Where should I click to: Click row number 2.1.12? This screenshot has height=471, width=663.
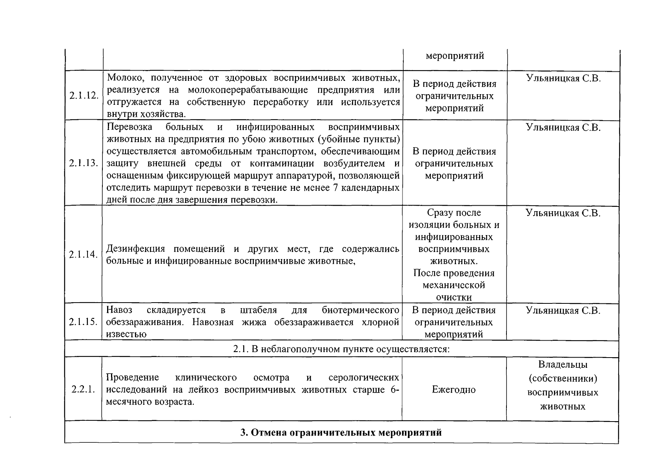[x=84, y=96]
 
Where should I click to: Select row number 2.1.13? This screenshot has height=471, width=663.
[x=84, y=163]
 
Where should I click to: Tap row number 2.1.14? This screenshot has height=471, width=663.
[x=83, y=254]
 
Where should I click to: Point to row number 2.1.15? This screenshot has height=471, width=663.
[x=83, y=322]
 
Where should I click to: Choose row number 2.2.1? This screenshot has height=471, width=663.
[x=83, y=390]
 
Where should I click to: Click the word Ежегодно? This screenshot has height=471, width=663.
[x=454, y=390]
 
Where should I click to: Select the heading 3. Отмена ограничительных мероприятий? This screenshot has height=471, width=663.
[x=341, y=433]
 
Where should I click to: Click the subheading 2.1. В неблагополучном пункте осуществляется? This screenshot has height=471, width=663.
[x=341, y=349]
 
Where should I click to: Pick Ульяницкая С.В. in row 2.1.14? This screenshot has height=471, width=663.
[x=563, y=213]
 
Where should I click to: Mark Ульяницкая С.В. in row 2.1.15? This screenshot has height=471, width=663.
[x=563, y=310]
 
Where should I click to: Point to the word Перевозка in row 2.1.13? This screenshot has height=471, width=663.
[x=129, y=127]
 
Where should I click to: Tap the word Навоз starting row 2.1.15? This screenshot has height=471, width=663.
[x=119, y=310]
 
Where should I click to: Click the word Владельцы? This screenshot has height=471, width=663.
[x=563, y=365]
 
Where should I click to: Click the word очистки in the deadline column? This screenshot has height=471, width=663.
[x=454, y=298]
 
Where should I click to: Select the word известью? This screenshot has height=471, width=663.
[x=126, y=334]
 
